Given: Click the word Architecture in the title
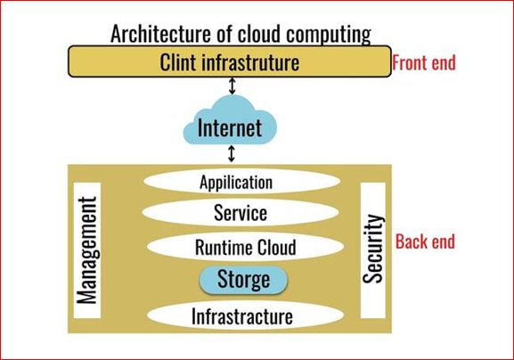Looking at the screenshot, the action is pos(160,34).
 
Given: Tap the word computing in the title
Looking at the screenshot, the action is pos(329,35).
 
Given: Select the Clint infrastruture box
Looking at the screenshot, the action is pos(230,61).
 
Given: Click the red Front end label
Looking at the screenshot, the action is pos(424,62).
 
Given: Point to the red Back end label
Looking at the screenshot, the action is pos(425,241).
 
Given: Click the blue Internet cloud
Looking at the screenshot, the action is pos(230,121).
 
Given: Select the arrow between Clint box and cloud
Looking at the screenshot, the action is pos(233,86).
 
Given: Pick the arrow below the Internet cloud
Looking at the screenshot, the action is pos(232,154).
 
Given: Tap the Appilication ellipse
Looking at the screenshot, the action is pos(242,182).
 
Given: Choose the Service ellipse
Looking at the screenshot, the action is pos(241,212).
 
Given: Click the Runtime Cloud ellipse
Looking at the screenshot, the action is pos(245,247).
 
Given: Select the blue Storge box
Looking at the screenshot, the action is pos(243,280).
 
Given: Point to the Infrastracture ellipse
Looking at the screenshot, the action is pos(245,316).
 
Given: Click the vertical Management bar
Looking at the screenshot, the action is pos(87,250).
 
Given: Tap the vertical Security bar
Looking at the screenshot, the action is pos(373,250).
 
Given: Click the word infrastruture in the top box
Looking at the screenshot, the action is pos(250,62).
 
